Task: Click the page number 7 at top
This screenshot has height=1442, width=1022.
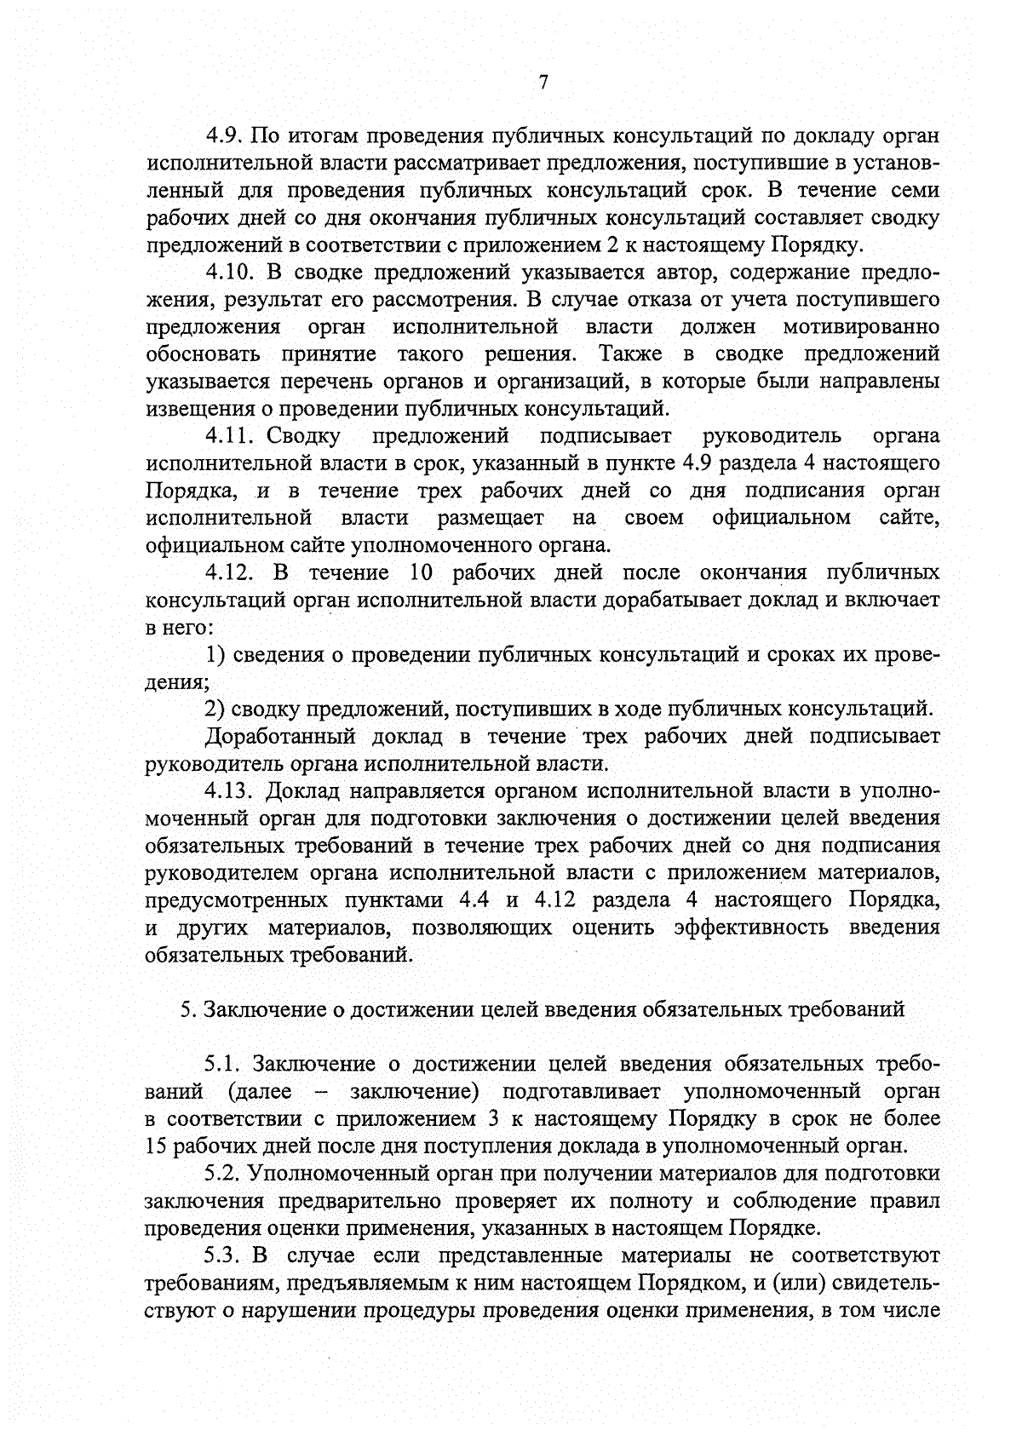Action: click(x=543, y=82)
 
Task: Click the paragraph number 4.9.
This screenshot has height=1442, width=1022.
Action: click(x=225, y=135)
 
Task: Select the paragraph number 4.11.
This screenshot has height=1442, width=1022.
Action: click(x=230, y=436)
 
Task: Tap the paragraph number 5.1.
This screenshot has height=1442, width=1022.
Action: click(x=224, y=1065)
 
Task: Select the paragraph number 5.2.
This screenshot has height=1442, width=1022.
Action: click(x=224, y=1174)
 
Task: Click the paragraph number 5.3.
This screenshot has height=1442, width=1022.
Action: click(x=224, y=1255)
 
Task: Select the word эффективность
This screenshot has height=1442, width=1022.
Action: click(x=750, y=928)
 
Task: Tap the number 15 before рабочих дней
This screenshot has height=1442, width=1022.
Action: click(x=157, y=1146)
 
